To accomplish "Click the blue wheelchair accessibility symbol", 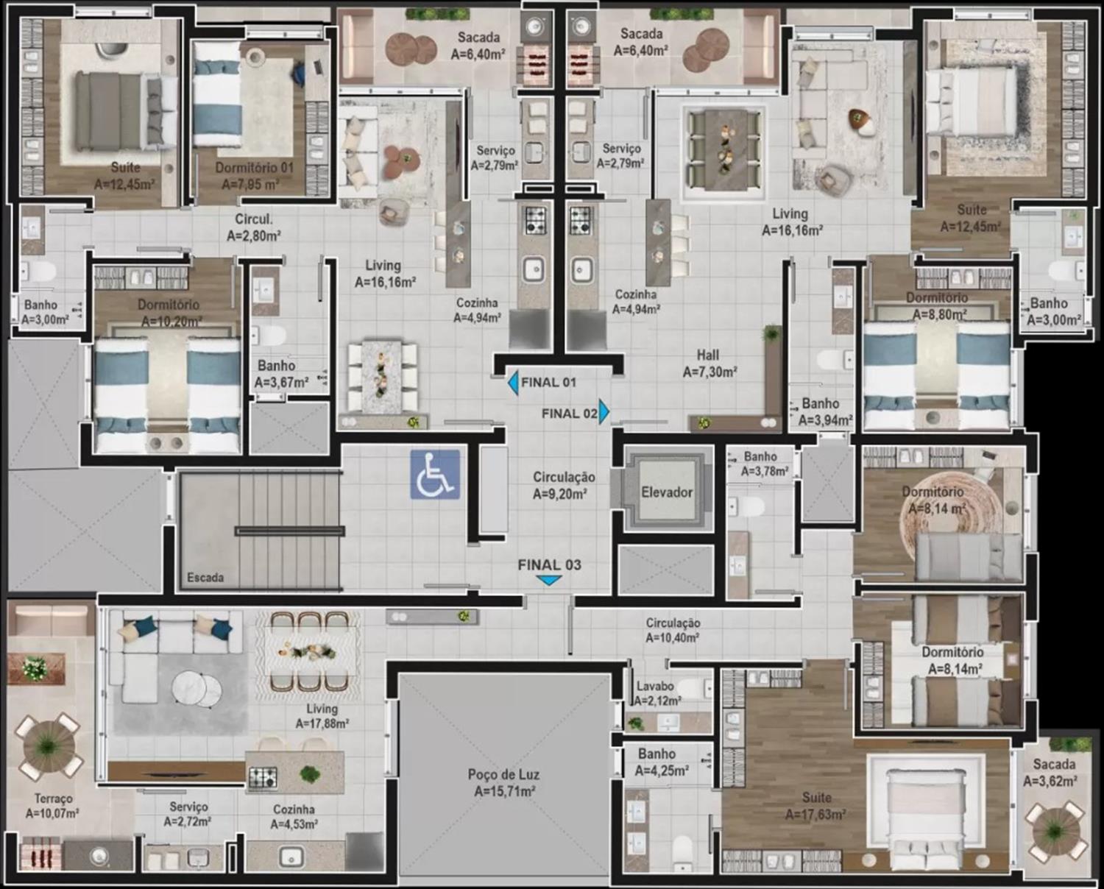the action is pyautogui.click(x=435, y=475).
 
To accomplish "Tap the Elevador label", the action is pyautogui.click(x=667, y=492).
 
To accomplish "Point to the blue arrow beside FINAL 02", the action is pyautogui.click(x=604, y=411).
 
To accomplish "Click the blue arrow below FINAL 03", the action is pyautogui.click(x=549, y=580).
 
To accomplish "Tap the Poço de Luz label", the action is pyautogui.click(x=503, y=775).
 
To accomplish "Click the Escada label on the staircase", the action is pyautogui.click(x=205, y=578).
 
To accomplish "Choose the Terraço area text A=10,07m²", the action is pyautogui.click(x=52, y=812).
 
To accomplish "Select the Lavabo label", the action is pyautogui.click(x=655, y=687).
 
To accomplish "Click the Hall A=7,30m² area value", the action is pyautogui.click(x=710, y=372).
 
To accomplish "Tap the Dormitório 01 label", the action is pyautogui.click(x=255, y=168).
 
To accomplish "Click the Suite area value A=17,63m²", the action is pyautogui.click(x=815, y=814).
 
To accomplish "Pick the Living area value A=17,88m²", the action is pyautogui.click(x=322, y=724).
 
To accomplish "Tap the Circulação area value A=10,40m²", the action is pyautogui.click(x=673, y=637).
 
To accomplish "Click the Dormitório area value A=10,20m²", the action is pyautogui.click(x=171, y=322).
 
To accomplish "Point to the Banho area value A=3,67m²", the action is pyautogui.click(x=282, y=382).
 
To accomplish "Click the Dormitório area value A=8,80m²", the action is pyautogui.click(x=940, y=314).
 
